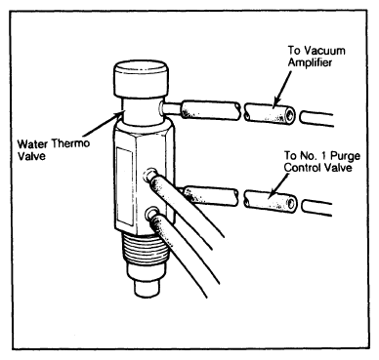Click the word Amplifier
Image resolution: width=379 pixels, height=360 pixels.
[x=310, y=62]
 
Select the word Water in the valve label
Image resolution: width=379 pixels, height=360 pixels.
[x=32, y=143]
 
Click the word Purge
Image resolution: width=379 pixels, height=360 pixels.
[x=345, y=155]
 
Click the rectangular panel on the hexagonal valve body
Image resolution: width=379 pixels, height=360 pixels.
[x=125, y=186]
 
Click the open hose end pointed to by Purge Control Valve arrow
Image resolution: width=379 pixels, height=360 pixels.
[x=291, y=204]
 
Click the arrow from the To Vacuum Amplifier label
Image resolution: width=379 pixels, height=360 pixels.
[x=282, y=87]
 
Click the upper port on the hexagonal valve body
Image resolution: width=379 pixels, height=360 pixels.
[x=151, y=174]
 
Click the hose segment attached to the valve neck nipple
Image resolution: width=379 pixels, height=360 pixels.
[x=211, y=109]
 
